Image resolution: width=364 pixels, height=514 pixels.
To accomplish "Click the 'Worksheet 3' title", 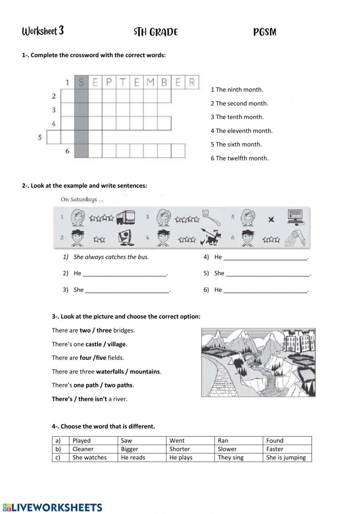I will (43, 31).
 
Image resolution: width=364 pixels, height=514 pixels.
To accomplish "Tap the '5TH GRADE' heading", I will (156, 32).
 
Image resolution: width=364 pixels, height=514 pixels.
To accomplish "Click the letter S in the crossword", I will (81, 82).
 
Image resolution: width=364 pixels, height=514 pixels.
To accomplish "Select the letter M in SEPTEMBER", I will (150, 82).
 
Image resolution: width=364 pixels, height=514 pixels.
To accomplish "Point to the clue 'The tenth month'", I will (237, 117).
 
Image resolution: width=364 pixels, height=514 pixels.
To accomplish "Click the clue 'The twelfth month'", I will (240, 158).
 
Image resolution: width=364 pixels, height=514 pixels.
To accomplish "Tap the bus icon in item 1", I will (126, 218).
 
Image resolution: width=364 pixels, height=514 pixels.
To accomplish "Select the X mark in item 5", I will (271, 220).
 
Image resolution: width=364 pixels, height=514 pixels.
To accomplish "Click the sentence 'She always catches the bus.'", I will (111, 257).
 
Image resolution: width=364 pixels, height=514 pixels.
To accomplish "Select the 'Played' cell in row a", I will (82, 441).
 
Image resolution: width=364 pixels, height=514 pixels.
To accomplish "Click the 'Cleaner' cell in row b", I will (83, 449).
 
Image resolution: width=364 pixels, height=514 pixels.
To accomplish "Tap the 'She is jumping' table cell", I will (286, 458).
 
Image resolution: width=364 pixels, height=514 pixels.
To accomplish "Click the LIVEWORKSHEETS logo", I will (53, 507).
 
